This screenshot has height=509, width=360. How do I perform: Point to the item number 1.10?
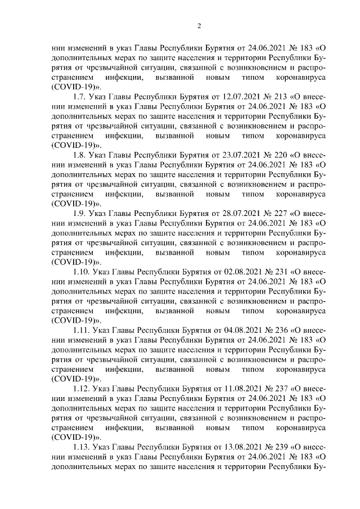point(82,271)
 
